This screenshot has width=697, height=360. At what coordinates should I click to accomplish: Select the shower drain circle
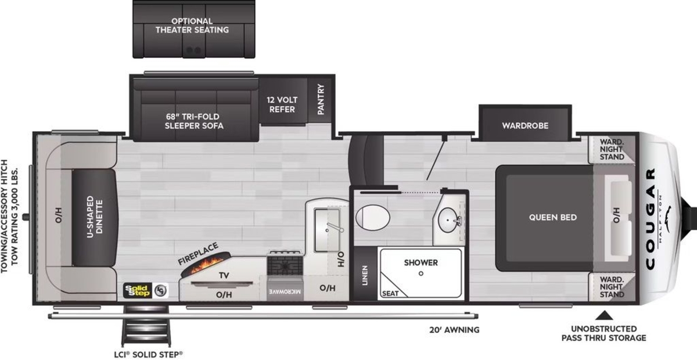[x=421, y=273]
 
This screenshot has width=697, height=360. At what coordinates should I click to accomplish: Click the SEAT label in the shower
[x=390, y=293]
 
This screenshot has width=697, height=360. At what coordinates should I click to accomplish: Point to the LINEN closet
[x=365, y=275]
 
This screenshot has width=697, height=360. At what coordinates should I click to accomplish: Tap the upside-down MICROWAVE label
[x=285, y=291]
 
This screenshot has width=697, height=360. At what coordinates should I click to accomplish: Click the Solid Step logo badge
[x=146, y=291]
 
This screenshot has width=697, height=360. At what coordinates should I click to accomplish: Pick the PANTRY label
[x=321, y=99]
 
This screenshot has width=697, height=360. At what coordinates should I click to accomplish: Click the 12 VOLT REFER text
[x=282, y=105]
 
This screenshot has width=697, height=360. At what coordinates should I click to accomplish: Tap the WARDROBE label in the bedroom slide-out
[x=525, y=125]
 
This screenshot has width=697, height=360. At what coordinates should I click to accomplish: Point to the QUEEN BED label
[x=553, y=217]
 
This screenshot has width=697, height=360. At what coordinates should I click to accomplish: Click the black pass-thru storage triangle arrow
[x=604, y=315]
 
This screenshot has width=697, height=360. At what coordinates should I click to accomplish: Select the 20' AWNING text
[x=454, y=330]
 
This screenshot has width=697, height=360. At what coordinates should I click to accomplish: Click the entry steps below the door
[x=146, y=326]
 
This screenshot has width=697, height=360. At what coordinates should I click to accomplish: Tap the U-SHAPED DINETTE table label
[x=95, y=217]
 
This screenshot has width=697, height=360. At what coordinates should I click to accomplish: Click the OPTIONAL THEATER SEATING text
[x=192, y=26]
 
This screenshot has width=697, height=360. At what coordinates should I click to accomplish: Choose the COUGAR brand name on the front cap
[x=651, y=219]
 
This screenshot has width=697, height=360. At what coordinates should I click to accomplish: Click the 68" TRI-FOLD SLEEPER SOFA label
[x=194, y=121]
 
